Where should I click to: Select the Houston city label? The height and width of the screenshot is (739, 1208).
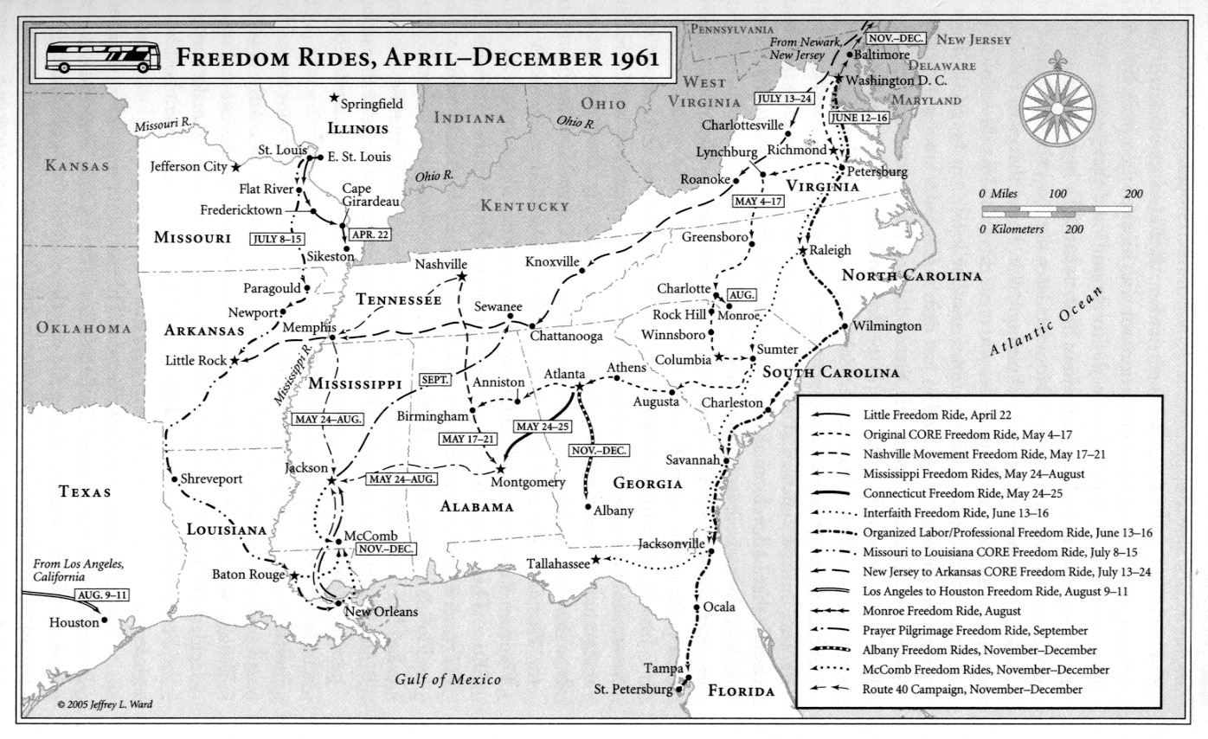[x=74, y=621]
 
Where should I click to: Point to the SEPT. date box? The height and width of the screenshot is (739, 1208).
[x=436, y=379]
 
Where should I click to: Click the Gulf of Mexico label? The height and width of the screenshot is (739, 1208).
[x=447, y=678]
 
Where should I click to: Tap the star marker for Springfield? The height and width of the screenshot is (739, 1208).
[x=334, y=99]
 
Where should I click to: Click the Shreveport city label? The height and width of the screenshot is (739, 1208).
[x=211, y=479]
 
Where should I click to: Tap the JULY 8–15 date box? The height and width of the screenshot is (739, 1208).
[x=277, y=238]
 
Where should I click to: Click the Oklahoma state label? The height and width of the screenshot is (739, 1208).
[x=83, y=328]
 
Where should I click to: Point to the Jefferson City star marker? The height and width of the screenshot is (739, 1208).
[x=235, y=165]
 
